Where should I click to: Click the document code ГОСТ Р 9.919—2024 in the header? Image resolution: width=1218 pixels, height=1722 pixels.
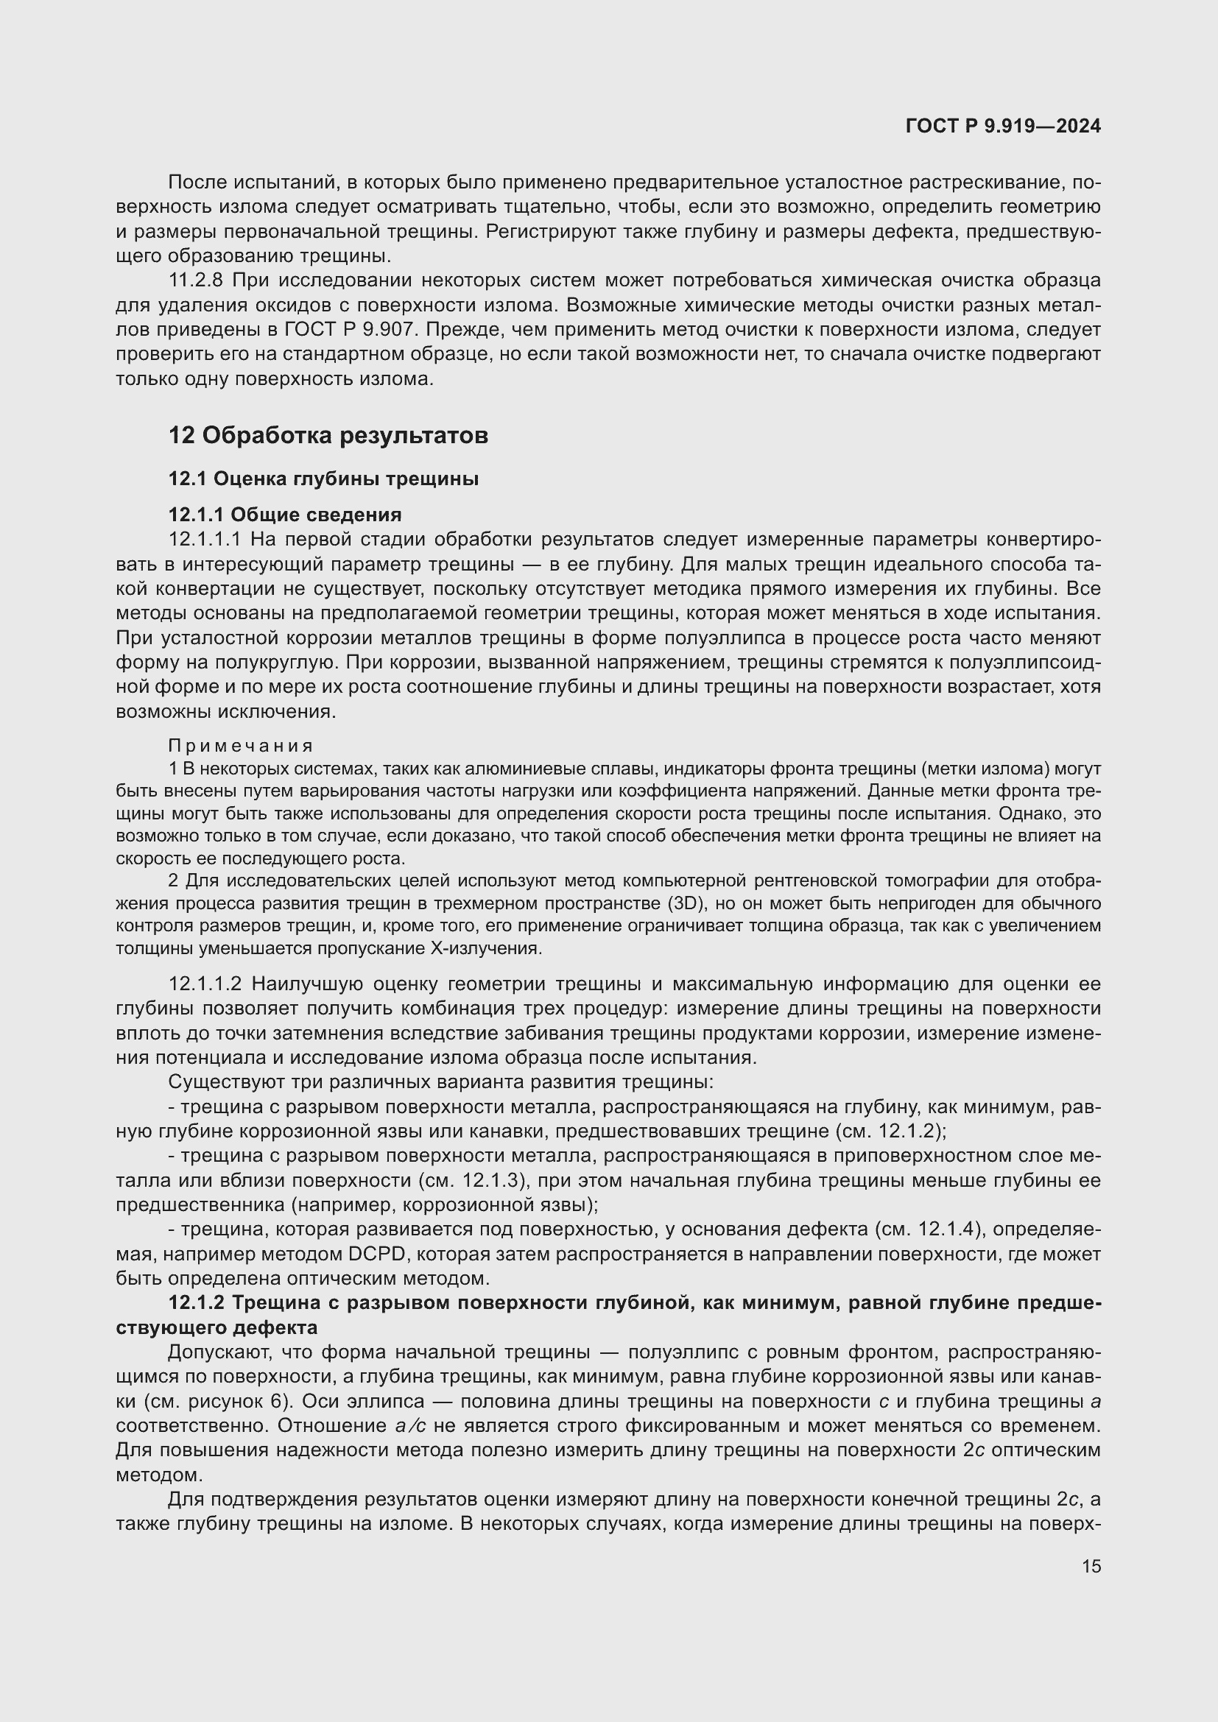1003,126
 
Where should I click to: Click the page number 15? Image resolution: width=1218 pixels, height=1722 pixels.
1091,1566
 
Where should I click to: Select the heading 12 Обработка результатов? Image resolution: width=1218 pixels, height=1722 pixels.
328,435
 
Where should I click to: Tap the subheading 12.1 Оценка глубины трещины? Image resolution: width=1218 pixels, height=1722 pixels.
323,479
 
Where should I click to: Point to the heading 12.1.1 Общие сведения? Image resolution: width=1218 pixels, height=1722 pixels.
284,515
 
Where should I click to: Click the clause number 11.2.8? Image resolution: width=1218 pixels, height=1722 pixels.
196,280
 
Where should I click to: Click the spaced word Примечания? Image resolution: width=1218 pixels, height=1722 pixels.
241,746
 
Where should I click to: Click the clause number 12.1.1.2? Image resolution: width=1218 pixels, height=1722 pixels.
205,984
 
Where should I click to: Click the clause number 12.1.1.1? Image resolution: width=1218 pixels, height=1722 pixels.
205,539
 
